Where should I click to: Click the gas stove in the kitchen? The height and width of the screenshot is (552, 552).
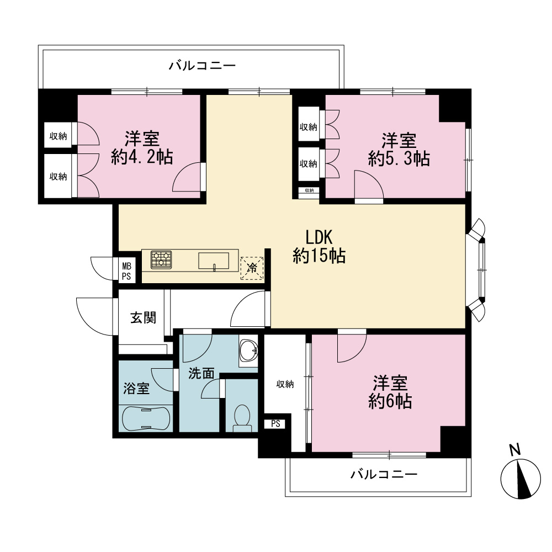pyautogui.click(x=161, y=260)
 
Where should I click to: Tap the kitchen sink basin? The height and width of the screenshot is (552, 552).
pyautogui.click(x=214, y=261)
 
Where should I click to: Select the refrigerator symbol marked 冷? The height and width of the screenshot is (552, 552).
pyautogui.click(x=252, y=268)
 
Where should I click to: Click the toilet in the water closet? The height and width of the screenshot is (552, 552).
pyautogui.click(x=242, y=418)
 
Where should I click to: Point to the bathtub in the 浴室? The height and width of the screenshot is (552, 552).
pyautogui.click(x=146, y=418)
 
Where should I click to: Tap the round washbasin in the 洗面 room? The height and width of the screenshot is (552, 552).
pyautogui.click(x=248, y=351)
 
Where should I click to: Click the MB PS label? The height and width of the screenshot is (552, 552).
pyautogui.click(x=126, y=272)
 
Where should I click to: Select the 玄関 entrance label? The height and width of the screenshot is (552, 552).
pyautogui.click(x=144, y=318)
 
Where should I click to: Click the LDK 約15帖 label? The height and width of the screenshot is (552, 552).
pyautogui.click(x=319, y=247)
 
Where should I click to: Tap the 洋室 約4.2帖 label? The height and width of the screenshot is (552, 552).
pyautogui.click(x=142, y=148)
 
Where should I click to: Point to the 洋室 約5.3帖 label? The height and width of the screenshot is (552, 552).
pyautogui.click(x=399, y=150)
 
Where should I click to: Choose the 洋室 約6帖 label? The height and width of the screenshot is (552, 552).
pyautogui.click(x=390, y=392)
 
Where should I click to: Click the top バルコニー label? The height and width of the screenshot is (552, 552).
pyautogui.click(x=202, y=66)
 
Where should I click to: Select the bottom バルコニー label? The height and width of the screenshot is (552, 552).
pyautogui.click(x=384, y=475)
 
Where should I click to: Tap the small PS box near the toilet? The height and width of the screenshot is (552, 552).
pyautogui.click(x=275, y=424)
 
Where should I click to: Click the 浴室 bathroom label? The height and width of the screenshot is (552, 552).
pyautogui.click(x=136, y=389)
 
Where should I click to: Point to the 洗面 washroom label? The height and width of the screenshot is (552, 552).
pyautogui.click(x=201, y=374)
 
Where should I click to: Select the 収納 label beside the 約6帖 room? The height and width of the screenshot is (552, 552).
pyautogui.click(x=285, y=384)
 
